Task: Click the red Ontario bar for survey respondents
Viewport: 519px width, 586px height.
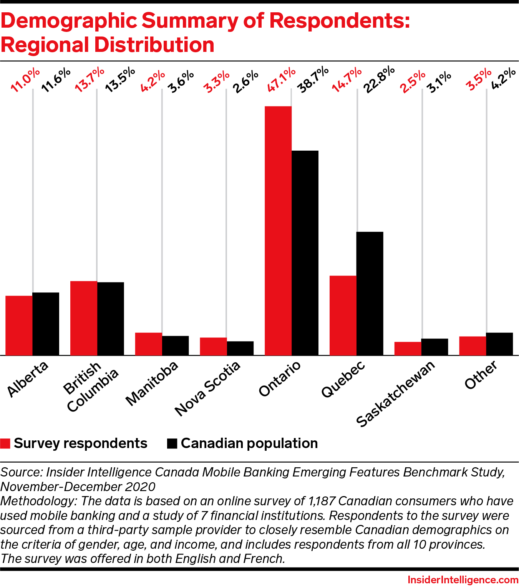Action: pyautogui.click(x=278, y=231)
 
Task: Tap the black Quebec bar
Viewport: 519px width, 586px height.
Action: pyautogui.click(x=370, y=294)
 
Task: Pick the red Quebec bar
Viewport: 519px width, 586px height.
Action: pyautogui.click(x=343, y=315)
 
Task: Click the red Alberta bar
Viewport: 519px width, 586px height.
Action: pyautogui.click(x=19, y=325)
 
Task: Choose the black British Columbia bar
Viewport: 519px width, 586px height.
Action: pyautogui.click(x=111, y=319)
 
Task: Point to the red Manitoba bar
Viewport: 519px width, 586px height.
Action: pyautogui.click(x=148, y=344)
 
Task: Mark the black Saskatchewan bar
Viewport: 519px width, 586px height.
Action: pyautogui.click(x=434, y=347)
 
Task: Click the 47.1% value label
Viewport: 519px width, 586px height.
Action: pyautogui.click(x=282, y=80)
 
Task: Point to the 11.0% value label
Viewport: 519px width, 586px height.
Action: pyautogui.click(x=25, y=80)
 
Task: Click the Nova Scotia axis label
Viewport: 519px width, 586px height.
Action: pyautogui.click(x=207, y=388)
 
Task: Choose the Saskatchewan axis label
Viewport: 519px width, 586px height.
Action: pyautogui.click(x=396, y=393)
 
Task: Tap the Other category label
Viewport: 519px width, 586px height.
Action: pyautogui.click(x=481, y=375)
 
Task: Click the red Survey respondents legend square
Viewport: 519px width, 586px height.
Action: pyautogui.click(x=5, y=443)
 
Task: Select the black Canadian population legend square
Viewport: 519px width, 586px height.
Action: pyautogui.click(x=172, y=443)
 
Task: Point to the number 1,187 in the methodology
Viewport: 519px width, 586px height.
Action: pyautogui.click(x=321, y=501)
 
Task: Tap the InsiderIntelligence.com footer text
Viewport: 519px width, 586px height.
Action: pyautogui.click(x=463, y=580)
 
